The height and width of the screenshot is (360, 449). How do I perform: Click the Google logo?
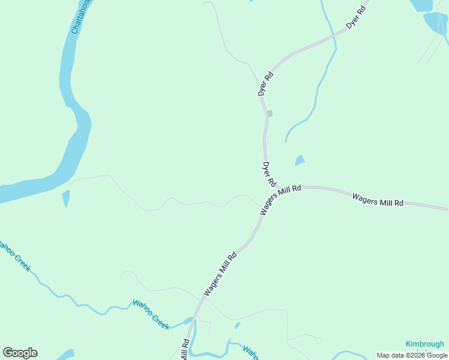point(20,353)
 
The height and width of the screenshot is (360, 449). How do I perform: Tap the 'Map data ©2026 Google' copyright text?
point(412,355)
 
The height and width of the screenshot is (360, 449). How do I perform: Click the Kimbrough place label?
point(424,344)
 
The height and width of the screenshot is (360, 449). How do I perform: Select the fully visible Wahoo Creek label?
point(151,314)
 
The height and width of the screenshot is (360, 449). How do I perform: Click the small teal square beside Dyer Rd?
point(270,113)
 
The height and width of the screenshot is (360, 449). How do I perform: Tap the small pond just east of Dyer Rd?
point(300,160)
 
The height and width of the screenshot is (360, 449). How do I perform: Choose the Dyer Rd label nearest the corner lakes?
point(356,18)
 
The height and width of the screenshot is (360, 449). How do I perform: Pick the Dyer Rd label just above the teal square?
point(265,84)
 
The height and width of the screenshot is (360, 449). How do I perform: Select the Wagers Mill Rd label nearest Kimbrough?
point(378,200)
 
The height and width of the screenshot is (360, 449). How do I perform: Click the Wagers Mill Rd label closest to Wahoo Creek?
point(220,274)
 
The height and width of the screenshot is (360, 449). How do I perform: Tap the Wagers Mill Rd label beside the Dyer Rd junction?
point(280,200)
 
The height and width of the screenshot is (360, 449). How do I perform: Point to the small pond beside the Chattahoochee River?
point(65,198)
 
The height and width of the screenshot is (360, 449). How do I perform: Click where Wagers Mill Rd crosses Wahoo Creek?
point(193,320)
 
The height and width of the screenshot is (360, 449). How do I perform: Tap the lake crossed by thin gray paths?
point(436,23)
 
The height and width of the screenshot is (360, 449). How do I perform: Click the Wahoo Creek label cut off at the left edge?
point(13,256)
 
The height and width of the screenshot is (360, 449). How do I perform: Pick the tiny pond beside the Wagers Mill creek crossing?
point(238,325)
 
